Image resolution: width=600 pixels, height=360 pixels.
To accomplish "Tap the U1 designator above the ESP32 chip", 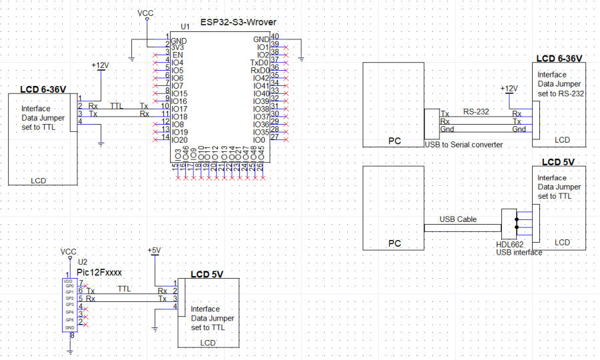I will [185, 27].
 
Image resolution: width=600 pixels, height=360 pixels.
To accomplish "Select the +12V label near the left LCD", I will [99, 65].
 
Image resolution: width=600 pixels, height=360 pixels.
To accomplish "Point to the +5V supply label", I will [154, 250].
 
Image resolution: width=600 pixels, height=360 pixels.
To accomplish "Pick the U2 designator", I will [83, 263].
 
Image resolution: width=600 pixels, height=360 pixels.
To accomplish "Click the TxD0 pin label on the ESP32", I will [260, 62].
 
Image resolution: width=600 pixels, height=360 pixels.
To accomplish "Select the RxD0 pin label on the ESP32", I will [260, 70].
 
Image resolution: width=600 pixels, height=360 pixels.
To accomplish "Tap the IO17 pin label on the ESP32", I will [179, 109].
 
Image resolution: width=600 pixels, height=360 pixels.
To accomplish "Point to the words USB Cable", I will [458, 219].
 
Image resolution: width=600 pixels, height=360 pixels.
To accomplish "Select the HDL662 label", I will [509, 244].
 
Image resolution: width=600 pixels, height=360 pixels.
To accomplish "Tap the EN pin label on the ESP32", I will [175, 55].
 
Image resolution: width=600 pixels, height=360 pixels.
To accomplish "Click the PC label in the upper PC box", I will [394, 141].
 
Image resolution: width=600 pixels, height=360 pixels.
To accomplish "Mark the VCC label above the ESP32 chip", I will [145, 13].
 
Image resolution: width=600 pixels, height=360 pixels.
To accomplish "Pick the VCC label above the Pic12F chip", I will [68, 252].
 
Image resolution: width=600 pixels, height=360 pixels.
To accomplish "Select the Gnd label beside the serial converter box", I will [447, 129].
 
